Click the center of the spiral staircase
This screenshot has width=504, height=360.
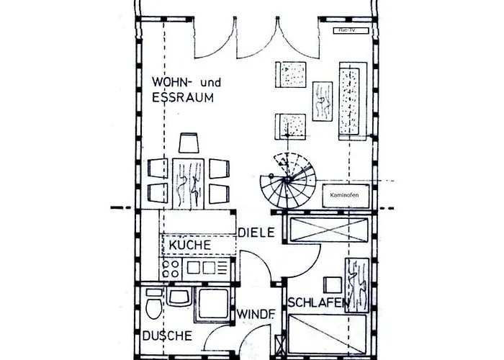tap(287, 179)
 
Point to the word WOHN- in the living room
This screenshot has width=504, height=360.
tap(167, 81)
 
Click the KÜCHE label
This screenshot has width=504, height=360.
tap(190, 246)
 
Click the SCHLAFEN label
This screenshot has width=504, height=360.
tap(318, 304)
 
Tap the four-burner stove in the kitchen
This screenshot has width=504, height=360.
tap(172, 269)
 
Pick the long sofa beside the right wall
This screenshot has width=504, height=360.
tap(353, 98)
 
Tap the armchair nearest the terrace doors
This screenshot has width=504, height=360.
tap(291, 75)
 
